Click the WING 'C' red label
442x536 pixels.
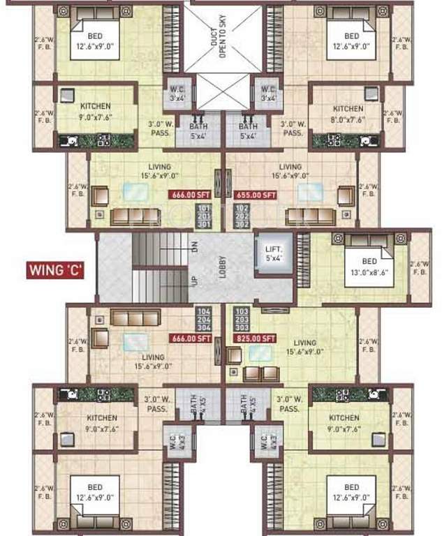pos(56,269)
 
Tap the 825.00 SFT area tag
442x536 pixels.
pos(254,338)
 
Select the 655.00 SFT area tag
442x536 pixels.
pos(256,195)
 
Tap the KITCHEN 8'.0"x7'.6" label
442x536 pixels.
pos(348,113)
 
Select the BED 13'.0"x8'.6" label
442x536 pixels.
pos(369,269)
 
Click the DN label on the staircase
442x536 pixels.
pos(196,246)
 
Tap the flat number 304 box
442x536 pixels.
pos(204,327)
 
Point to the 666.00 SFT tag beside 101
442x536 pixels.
pos(191,195)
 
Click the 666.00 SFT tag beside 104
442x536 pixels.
pos(191,338)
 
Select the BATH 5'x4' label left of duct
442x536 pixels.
pos(199,130)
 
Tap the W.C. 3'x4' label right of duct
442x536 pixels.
pos(267,93)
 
